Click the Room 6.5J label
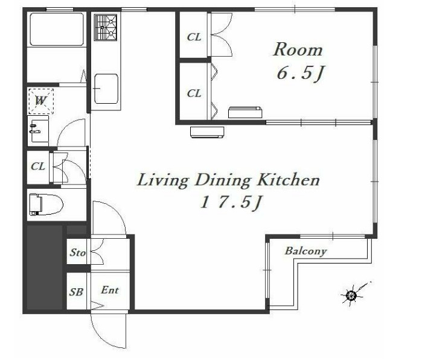298,62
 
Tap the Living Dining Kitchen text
228,180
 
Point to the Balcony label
305,251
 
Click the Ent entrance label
110,290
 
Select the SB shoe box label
76,292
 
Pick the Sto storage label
78,252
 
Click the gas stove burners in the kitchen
106,27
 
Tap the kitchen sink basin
106,89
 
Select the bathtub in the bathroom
57,30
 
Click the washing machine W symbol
40,101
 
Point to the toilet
46,204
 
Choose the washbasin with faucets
39,129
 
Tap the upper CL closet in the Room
194,37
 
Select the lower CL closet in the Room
194,93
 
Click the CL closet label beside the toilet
38,166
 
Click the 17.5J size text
231,203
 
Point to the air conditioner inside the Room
245,112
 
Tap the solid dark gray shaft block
45,267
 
